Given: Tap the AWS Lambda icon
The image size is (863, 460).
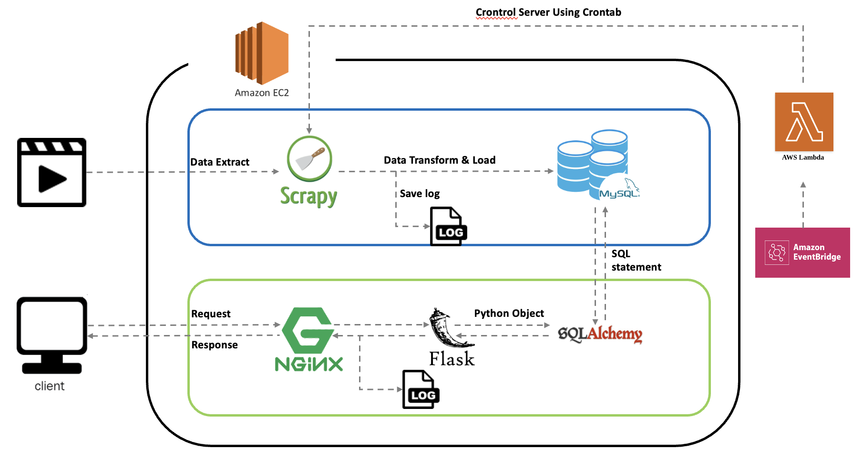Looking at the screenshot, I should tap(804, 122).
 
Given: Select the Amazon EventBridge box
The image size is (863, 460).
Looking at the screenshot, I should tap(802, 252).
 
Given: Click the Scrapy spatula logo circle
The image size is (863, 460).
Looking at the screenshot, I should tap(309, 159).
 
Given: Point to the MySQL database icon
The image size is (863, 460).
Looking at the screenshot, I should tap(596, 165).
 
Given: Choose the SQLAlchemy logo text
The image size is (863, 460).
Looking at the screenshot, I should tap(600, 334).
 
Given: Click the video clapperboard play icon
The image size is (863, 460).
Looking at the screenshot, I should tap(51, 172).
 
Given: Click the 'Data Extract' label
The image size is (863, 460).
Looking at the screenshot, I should tap(220, 162).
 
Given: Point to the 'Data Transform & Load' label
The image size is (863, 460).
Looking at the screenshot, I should tap(440, 160).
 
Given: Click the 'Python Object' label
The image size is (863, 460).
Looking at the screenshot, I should tap(509, 314).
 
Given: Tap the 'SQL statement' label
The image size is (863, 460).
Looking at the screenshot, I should tap(636, 261).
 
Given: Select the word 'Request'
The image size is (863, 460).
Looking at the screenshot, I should tap(211, 314).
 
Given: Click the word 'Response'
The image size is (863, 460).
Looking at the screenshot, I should tap(215, 345).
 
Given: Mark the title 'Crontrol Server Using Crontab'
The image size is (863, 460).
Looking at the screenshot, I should tap(548, 12).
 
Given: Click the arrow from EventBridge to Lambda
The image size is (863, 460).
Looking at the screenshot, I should tap(803, 205).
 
